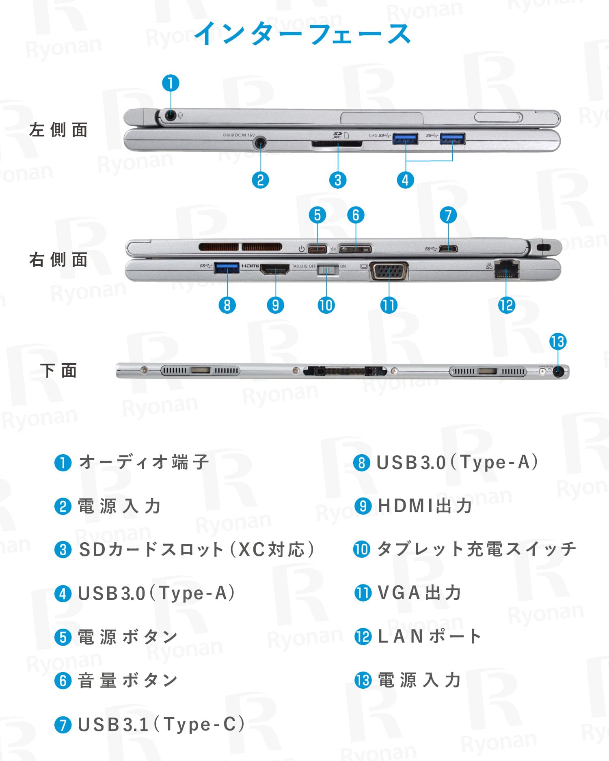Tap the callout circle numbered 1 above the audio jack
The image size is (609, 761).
coord(171,83)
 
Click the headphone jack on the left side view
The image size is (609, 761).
coord(171,116)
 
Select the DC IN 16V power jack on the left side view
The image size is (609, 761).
coord(260,143)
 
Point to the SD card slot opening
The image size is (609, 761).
coord(337,144)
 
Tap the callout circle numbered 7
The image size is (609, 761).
coord(448,215)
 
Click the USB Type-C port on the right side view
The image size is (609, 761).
coord(448,248)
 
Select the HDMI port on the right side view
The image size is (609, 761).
coord(275,269)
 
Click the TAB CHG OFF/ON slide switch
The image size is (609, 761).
coord(328,270)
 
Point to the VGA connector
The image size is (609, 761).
coord(389,271)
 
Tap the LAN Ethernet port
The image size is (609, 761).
coord(507,269)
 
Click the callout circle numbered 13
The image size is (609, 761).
coord(558,342)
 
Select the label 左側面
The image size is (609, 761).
coord(58,130)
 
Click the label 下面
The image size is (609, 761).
coord(58,371)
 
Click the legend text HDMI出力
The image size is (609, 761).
coord(425,506)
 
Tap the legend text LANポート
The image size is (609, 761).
coord(429,636)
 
